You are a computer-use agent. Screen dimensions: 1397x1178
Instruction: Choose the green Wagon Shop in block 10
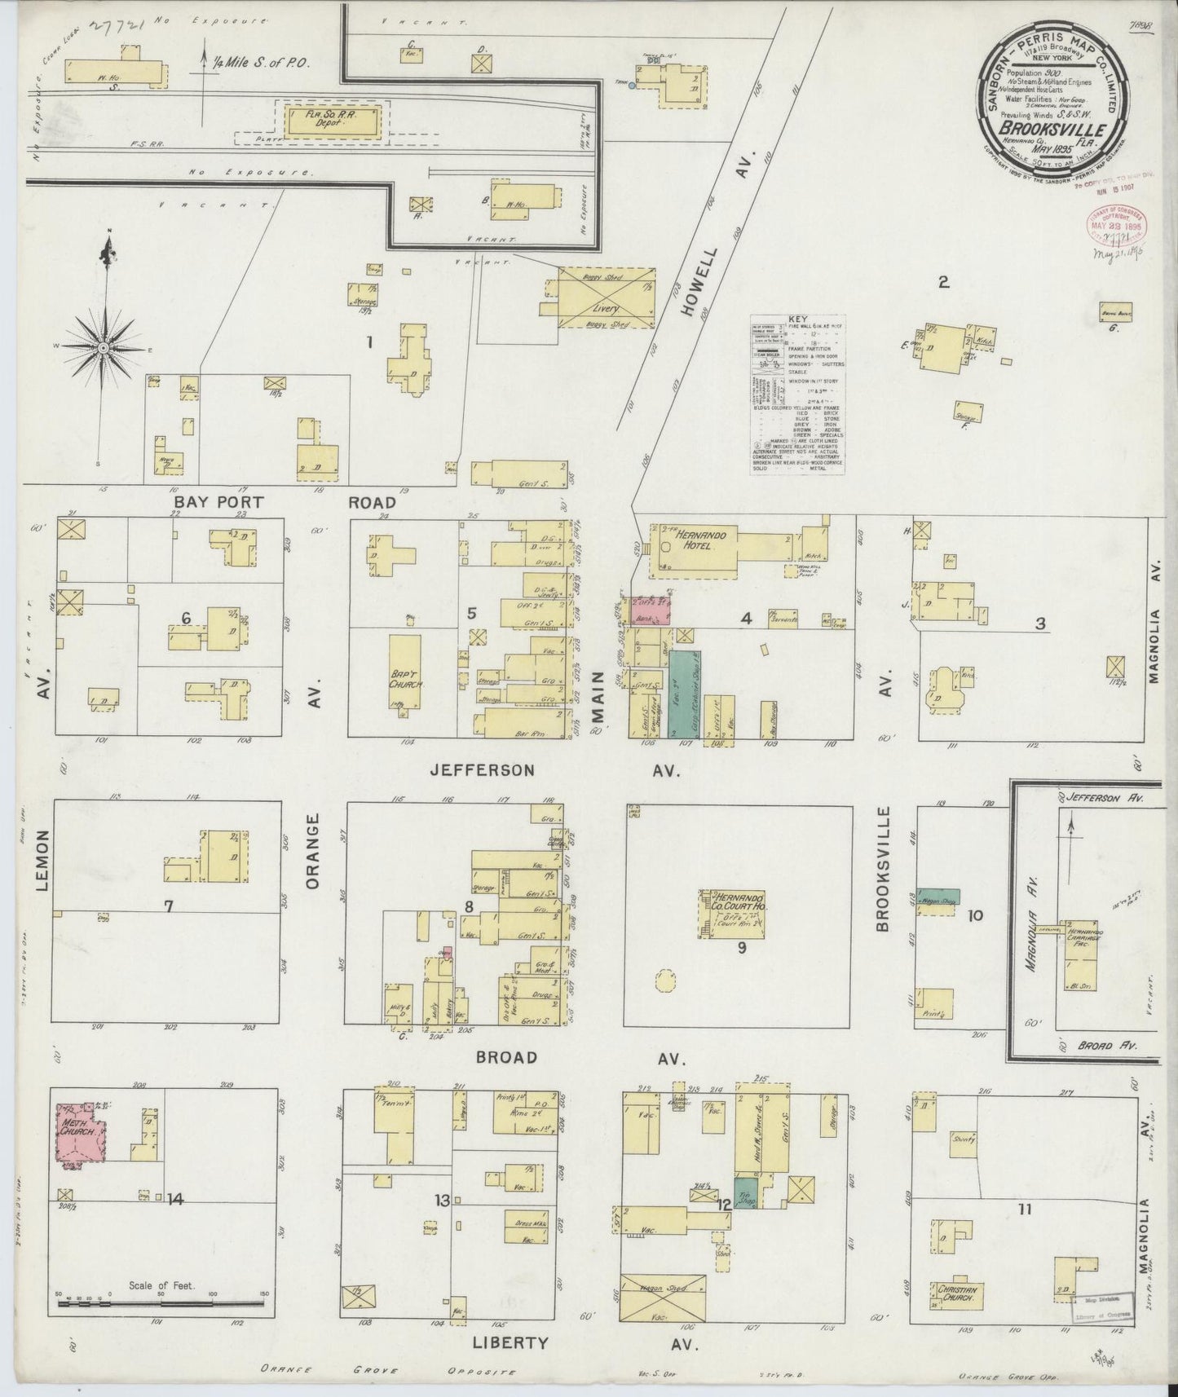pos(938,897)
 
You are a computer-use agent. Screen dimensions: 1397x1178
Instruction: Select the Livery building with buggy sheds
pos(606,297)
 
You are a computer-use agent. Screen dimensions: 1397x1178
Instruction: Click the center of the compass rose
pos(104,348)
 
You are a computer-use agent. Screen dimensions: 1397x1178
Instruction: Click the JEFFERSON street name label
pos(483,769)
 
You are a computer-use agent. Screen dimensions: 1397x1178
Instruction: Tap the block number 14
pos(176,1199)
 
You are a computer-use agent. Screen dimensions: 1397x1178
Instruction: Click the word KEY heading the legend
pos(797,319)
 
